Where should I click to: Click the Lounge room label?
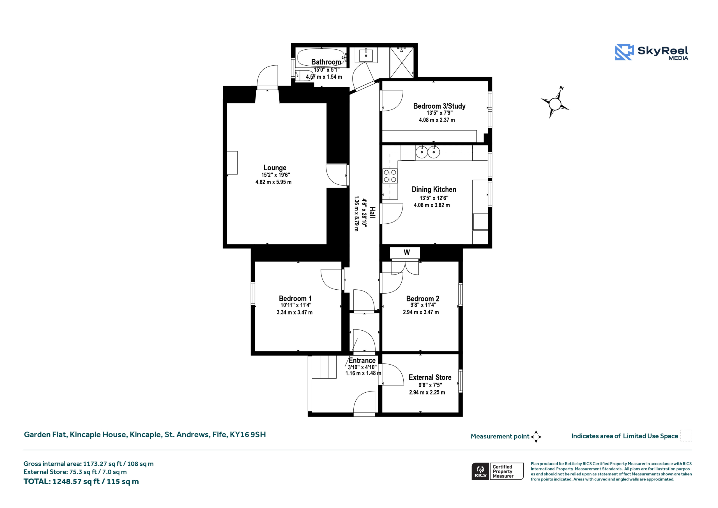[x=275, y=168]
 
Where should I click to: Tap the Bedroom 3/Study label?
[x=439, y=106]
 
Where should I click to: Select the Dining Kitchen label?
[x=434, y=189]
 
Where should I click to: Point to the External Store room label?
[x=430, y=377]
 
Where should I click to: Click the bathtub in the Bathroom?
[x=321, y=57]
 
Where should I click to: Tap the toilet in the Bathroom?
[x=304, y=75]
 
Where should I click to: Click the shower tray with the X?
[x=402, y=63]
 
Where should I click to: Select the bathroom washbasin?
[x=366, y=55]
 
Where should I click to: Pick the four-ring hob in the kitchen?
[x=390, y=176]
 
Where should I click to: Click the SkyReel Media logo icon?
[x=625, y=52]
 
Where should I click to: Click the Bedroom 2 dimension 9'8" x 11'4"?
[x=423, y=305]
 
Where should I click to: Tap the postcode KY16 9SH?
[x=248, y=434]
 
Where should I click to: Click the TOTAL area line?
[x=81, y=482]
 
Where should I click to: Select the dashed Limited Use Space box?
[x=686, y=436]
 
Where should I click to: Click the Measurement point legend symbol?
[x=536, y=437]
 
